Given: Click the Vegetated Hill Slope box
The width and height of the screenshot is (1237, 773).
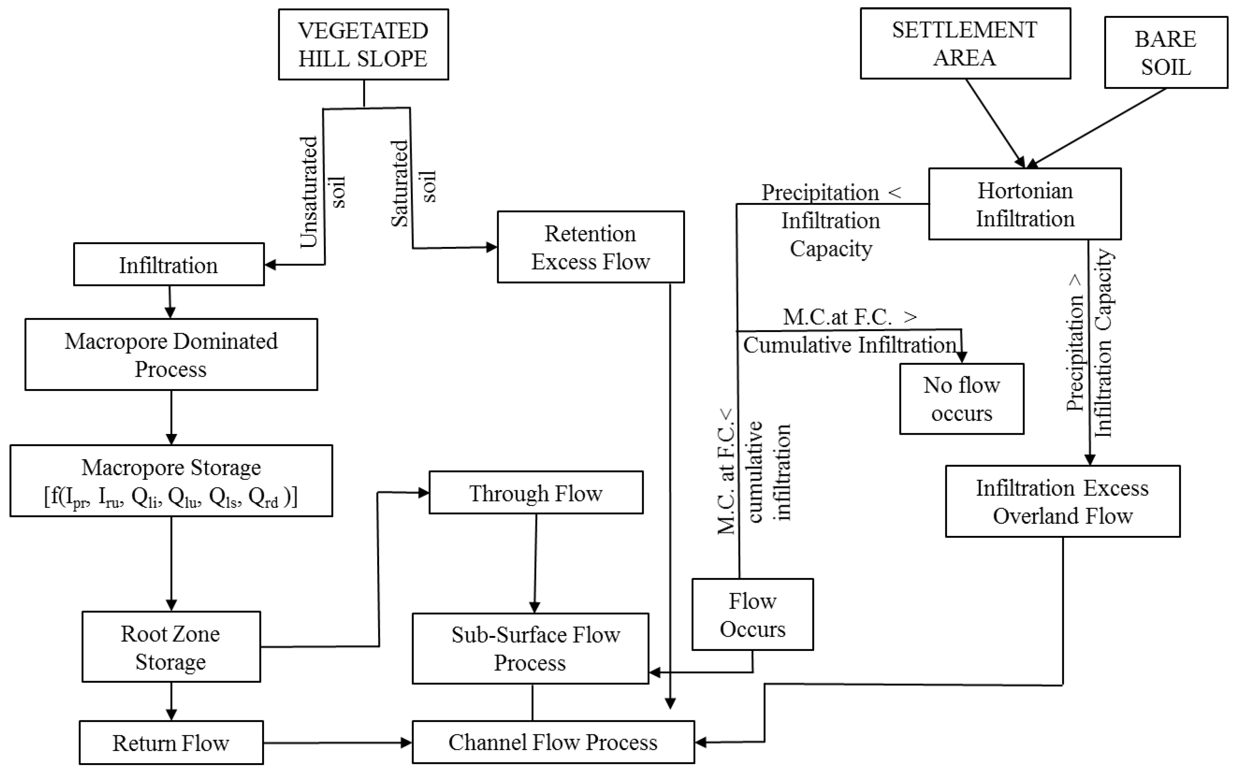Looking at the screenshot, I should click(363, 45).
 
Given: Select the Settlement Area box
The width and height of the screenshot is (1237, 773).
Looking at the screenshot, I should click(965, 43).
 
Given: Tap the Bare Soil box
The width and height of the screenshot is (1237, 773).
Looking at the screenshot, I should click(1165, 53).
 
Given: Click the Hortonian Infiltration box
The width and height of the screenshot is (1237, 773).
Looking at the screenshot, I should click(1025, 204).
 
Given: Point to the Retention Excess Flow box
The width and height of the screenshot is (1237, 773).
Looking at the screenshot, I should click(590, 247).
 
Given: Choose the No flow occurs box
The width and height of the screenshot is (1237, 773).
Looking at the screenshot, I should click(961, 399).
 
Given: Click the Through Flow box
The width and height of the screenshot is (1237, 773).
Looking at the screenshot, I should click(536, 492).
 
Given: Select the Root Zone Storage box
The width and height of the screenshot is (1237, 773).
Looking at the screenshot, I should click(171, 647).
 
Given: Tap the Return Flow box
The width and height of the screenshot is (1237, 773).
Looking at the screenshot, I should click(171, 742).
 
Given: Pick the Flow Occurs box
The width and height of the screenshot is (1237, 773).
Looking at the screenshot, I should click(752, 614).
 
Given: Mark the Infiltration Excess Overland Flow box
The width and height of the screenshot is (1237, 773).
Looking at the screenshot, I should click(1062, 501).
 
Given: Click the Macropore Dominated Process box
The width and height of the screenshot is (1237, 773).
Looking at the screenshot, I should click(171, 355).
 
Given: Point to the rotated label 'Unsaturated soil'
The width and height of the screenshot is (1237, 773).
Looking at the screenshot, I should click(322, 192).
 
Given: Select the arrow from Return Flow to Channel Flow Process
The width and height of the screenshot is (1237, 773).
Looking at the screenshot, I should click(338, 742).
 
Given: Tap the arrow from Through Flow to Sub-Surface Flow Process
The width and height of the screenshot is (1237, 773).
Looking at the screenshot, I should click(535, 562).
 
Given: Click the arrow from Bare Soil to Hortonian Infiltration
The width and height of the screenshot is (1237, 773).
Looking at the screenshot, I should click(1097, 128).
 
